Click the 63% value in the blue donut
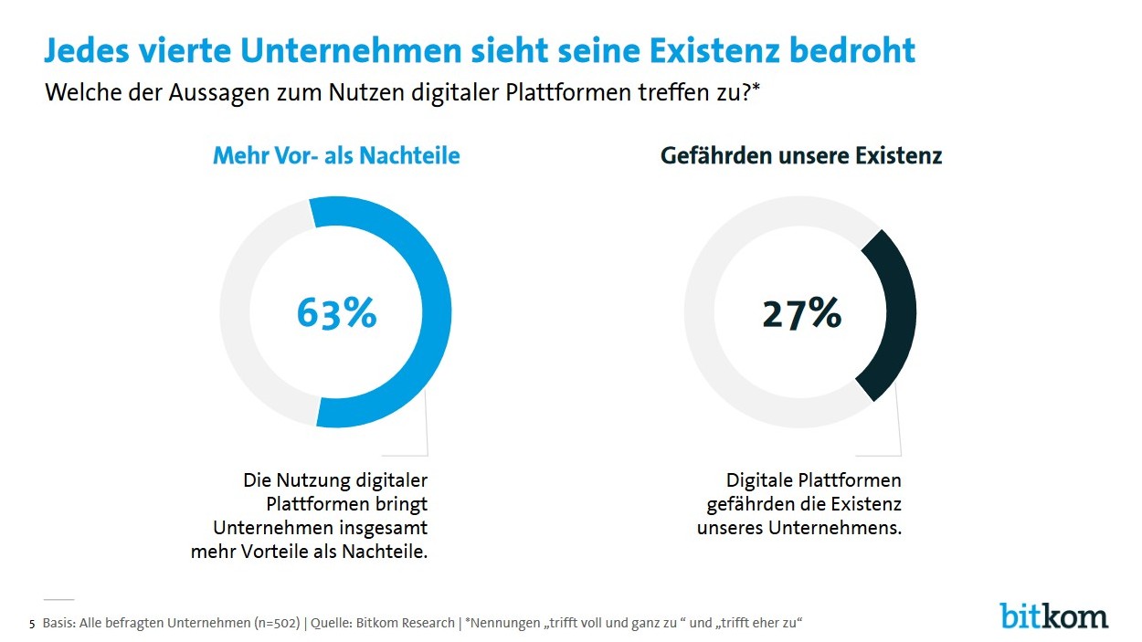point(336,312)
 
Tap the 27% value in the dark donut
point(801,312)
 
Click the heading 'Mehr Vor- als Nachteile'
point(336,156)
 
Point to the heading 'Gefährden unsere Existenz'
point(801,156)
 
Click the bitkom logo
point(1053,616)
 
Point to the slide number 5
point(33,625)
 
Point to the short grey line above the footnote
point(58,599)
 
